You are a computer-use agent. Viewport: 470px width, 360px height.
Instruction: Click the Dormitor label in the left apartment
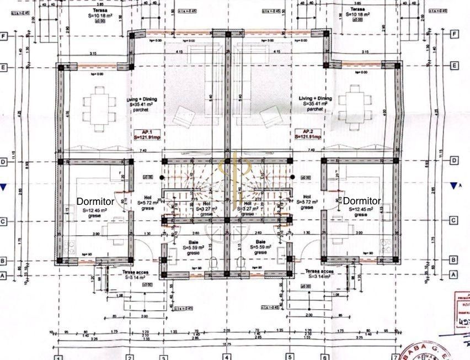[x=95, y=202]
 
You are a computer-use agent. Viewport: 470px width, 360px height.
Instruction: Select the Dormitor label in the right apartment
[x=362, y=201]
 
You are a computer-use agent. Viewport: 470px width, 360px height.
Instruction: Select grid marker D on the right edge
[x=454, y=161]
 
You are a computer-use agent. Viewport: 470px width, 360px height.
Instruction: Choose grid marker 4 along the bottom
[x=226, y=357]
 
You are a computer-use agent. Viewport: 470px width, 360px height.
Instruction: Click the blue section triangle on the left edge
[x=3, y=188]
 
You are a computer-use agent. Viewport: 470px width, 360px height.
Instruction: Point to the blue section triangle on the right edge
[x=454, y=186]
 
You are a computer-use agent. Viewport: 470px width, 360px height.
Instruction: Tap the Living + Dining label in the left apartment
[x=143, y=99]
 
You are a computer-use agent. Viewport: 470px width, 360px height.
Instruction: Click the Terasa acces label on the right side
[x=319, y=271]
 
